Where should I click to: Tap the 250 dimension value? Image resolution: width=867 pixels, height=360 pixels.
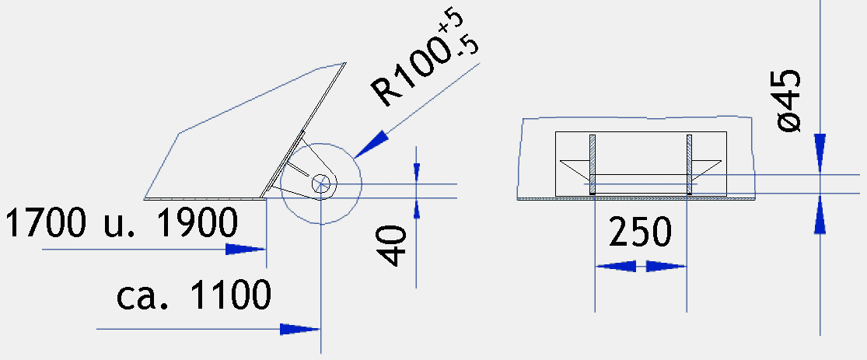point(640,232)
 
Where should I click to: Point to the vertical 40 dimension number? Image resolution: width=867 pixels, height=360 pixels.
point(392,245)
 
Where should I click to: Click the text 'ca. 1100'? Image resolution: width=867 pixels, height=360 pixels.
point(194,295)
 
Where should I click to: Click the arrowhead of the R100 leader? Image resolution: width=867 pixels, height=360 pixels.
point(371,145)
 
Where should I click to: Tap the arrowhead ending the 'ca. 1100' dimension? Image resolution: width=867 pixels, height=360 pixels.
point(300,330)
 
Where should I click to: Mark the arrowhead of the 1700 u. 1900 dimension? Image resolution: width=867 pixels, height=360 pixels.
point(246,250)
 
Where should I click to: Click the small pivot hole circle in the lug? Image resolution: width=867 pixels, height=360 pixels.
point(320,183)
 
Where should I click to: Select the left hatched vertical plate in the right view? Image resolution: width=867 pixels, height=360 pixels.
point(593,164)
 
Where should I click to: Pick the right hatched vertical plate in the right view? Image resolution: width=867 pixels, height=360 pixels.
point(690,164)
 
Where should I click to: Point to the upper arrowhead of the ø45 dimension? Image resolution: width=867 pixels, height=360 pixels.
point(820,154)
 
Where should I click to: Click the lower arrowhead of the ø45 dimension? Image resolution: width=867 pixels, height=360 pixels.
point(820,214)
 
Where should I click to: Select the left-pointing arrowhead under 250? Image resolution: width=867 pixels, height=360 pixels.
point(615,267)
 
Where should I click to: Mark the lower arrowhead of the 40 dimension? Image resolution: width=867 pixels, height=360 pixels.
point(416,208)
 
